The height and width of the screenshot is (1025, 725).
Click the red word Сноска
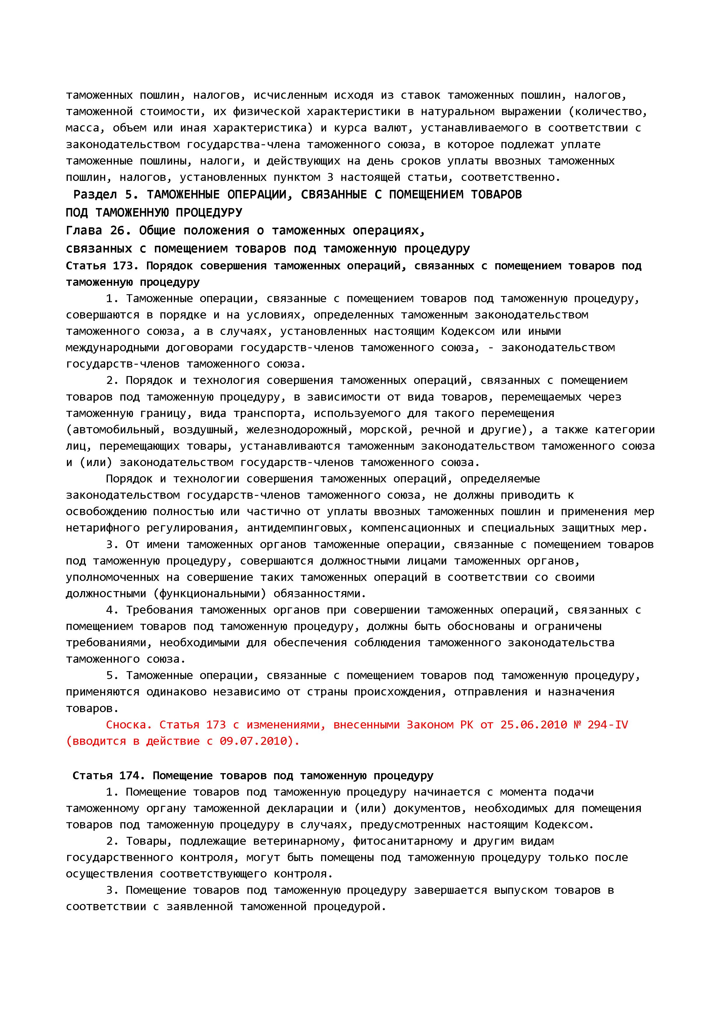pyautogui.click(x=126, y=725)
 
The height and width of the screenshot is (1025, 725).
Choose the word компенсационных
pyautogui.click(x=411, y=528)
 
